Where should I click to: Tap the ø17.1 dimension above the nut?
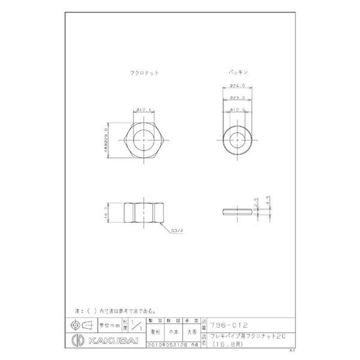click(143, 109)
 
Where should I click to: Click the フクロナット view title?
click(144, 72)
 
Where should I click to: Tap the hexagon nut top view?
click(143, 141)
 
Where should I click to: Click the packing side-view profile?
click(238, 211)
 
